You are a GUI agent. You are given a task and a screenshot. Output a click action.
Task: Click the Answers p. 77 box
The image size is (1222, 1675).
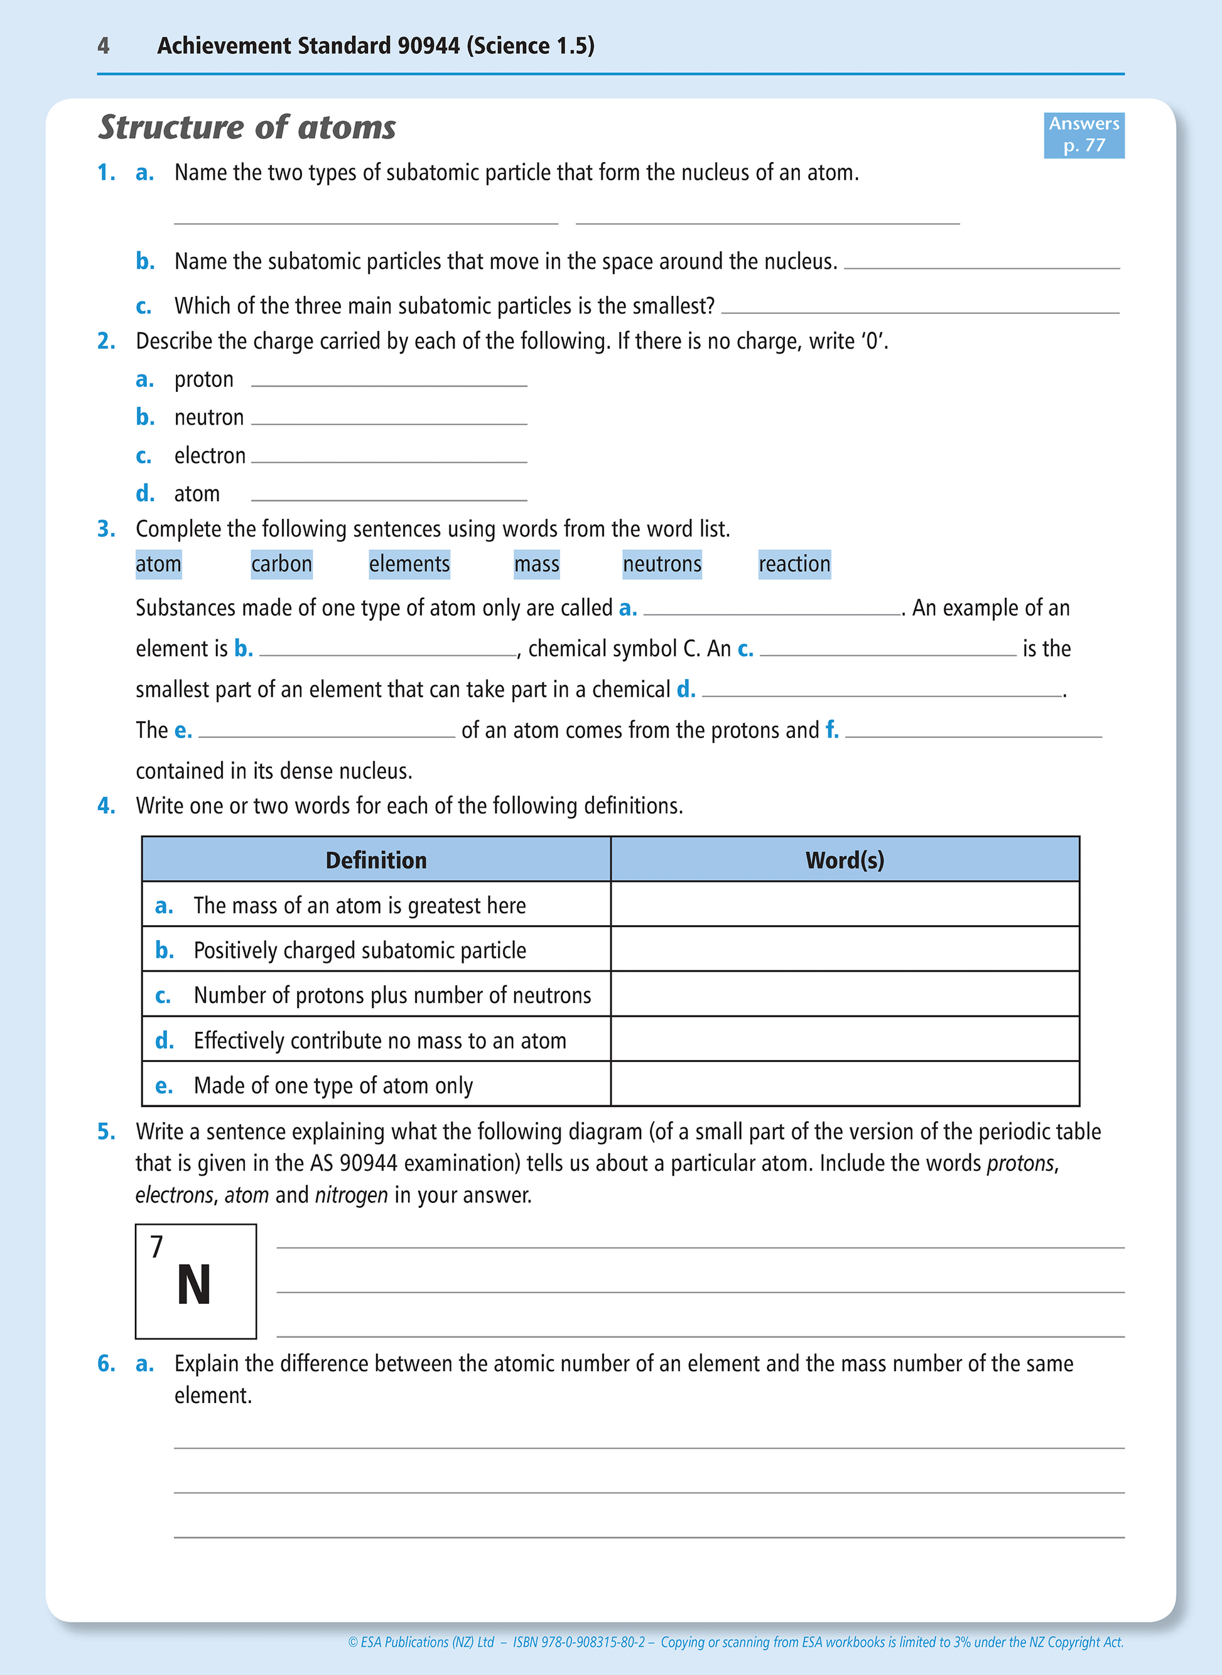point(1083,134)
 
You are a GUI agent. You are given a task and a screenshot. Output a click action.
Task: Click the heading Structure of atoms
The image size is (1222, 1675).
point(247,127)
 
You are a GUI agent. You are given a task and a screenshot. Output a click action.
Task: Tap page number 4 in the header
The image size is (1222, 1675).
point(104,46)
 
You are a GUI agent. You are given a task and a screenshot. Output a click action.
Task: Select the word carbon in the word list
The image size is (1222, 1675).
point(281,564)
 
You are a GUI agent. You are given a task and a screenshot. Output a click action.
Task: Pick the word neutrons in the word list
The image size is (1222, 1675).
point(661,564)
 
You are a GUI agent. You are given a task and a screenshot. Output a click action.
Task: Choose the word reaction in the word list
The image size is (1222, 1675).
point(794,564)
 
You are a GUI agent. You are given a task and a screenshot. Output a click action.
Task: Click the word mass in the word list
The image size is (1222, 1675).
point(536,564)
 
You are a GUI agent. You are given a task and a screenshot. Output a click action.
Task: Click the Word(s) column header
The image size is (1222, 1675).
point(844,860)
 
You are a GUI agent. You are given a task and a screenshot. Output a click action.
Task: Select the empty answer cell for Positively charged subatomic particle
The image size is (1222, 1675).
point(844,949)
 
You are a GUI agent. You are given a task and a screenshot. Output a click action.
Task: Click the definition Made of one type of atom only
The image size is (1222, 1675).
point(333,1085)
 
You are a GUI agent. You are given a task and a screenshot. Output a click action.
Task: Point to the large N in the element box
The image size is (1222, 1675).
point(194,1285)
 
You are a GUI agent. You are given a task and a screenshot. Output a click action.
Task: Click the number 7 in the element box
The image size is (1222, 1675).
point(156,1247)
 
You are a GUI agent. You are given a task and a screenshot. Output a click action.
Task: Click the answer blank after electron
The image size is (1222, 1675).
point(389,457)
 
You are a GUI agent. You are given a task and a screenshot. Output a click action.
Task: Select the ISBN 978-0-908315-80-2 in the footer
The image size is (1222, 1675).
point(578,1642)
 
